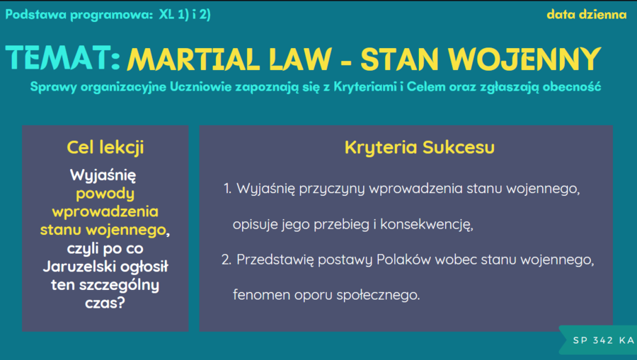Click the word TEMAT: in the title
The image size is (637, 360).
click(x=63, y=58)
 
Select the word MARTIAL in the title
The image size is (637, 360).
click(x=193, y=59)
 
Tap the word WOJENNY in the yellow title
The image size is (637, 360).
click(x=524, y=59)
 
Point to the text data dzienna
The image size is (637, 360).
click(x=587, y=15)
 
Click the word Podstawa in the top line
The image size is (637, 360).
click(x=36, y=15)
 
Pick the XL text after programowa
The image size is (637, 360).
click(x=166, y=15)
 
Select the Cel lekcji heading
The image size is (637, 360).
click(x=105, y=147)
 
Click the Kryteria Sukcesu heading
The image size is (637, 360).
click(x=420, y=147)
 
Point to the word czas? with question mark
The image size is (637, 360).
click(x=105, y=303)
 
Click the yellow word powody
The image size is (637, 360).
click(x=105, y=194)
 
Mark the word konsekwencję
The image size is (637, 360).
click(x=427, y=225)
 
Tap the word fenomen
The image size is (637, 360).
click(x=262, y=295)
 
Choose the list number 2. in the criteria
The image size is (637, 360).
click(x=226, y=260)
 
